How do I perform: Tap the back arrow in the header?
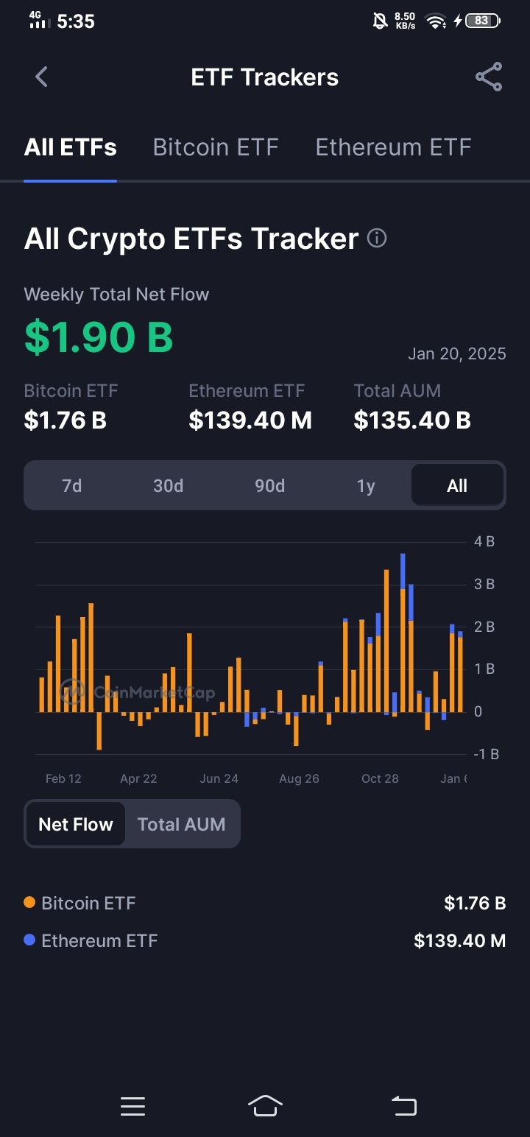point(41,77)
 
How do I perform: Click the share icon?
point(489,77)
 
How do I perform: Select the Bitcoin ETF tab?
point(216,148)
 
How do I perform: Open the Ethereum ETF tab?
point(393,148)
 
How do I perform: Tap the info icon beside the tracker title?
point(377,238)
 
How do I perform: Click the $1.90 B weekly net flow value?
point(99,337)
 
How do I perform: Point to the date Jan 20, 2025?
point(457,353)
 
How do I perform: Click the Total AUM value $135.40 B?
point(412,420)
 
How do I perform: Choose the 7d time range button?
point(72,486)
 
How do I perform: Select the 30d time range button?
point(169,486)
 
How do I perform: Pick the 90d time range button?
point(270,486)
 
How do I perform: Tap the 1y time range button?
point(366,486)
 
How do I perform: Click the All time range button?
point(457,485)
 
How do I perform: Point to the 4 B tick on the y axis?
point(484,541)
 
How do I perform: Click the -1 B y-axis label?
point(486,754)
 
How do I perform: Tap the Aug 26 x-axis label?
point(300,778)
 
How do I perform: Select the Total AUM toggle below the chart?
point(182,824)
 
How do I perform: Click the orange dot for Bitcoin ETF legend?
point(29,902)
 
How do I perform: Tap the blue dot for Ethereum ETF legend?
point(29,940)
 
